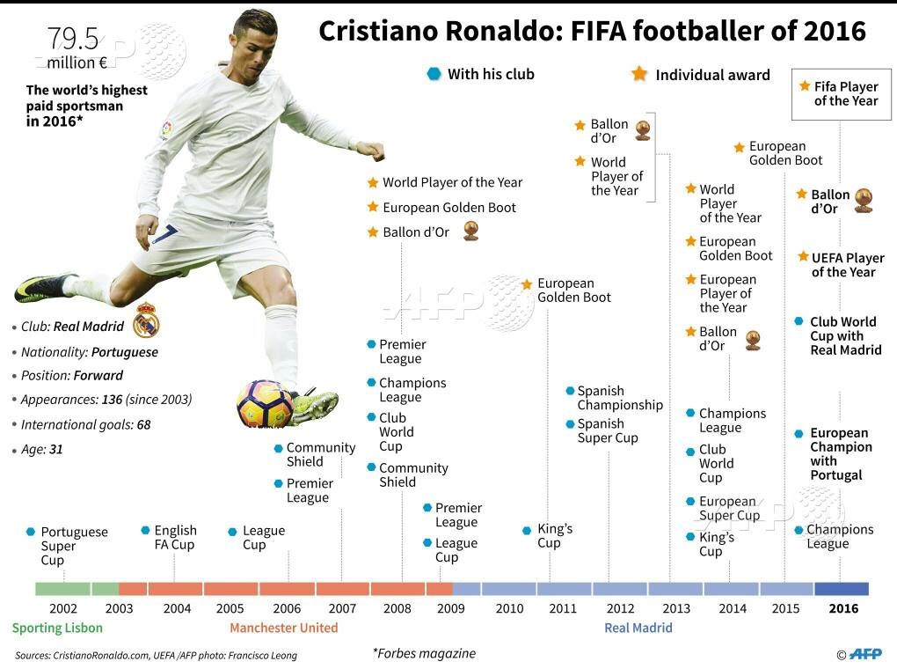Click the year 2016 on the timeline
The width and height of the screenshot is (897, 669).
tap(842, 608)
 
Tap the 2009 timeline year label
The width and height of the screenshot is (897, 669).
tap(450, 608)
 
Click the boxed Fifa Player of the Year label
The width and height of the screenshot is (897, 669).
tap(840, 93)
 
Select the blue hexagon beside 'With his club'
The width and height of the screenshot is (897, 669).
tap(434, 74)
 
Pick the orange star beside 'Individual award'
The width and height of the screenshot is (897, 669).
tap(639, 74)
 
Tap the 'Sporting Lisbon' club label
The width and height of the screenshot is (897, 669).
tap(57, 628)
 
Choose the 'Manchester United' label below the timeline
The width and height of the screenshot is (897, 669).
tap(283, 628)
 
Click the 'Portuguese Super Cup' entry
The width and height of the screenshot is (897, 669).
tap(74, 546)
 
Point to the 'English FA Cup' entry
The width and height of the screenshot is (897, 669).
tap(175, 537)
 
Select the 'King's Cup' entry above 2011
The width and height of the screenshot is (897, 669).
tap(554, 535)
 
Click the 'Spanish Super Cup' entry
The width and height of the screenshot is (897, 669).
tap(607, 430)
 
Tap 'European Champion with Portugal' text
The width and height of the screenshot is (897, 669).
tap(840, 453)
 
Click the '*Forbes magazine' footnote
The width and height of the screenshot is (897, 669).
tap(424, 653)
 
